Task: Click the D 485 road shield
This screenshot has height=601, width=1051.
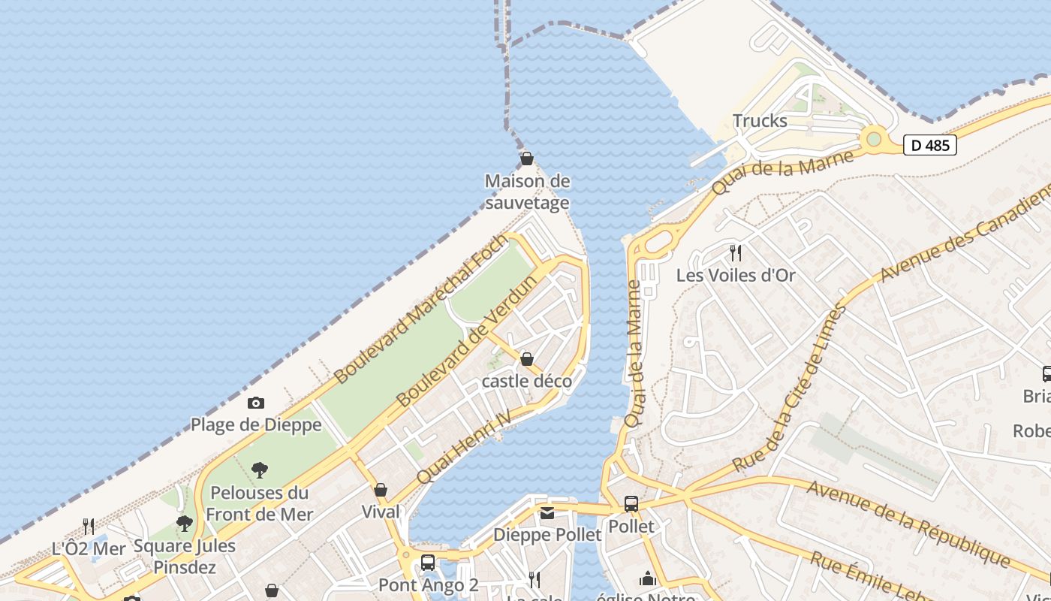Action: pos(929,145)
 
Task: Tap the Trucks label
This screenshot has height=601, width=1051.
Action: pos(760,121)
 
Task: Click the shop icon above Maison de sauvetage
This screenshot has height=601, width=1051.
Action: pos(527,159)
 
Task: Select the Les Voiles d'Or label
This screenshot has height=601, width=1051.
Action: pos(735,276)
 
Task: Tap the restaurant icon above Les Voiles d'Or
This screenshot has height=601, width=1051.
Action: pos(736,253)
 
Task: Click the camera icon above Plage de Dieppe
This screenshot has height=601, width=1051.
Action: pos(256,403)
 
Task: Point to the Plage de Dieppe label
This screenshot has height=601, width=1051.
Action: pos(256,425)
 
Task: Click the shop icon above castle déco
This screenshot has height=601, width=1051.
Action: pos(527,359)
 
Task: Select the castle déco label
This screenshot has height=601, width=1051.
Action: pos(527,382)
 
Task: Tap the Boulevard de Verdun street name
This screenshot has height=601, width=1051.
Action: pos(468,342)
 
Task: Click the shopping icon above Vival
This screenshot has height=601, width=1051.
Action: pos(381,491)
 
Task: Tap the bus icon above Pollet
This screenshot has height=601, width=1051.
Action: pos(631,504)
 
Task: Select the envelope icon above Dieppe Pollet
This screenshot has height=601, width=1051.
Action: pos(547,513)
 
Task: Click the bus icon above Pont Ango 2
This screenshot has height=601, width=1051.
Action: pos(428,562)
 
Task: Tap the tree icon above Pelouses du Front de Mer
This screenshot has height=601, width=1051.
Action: pos(260,471)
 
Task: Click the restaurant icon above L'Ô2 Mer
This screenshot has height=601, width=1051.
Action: pos(89,526)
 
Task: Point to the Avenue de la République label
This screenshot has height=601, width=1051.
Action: pos(908,523)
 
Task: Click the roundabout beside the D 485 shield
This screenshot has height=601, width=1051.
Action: pos(873,139)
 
